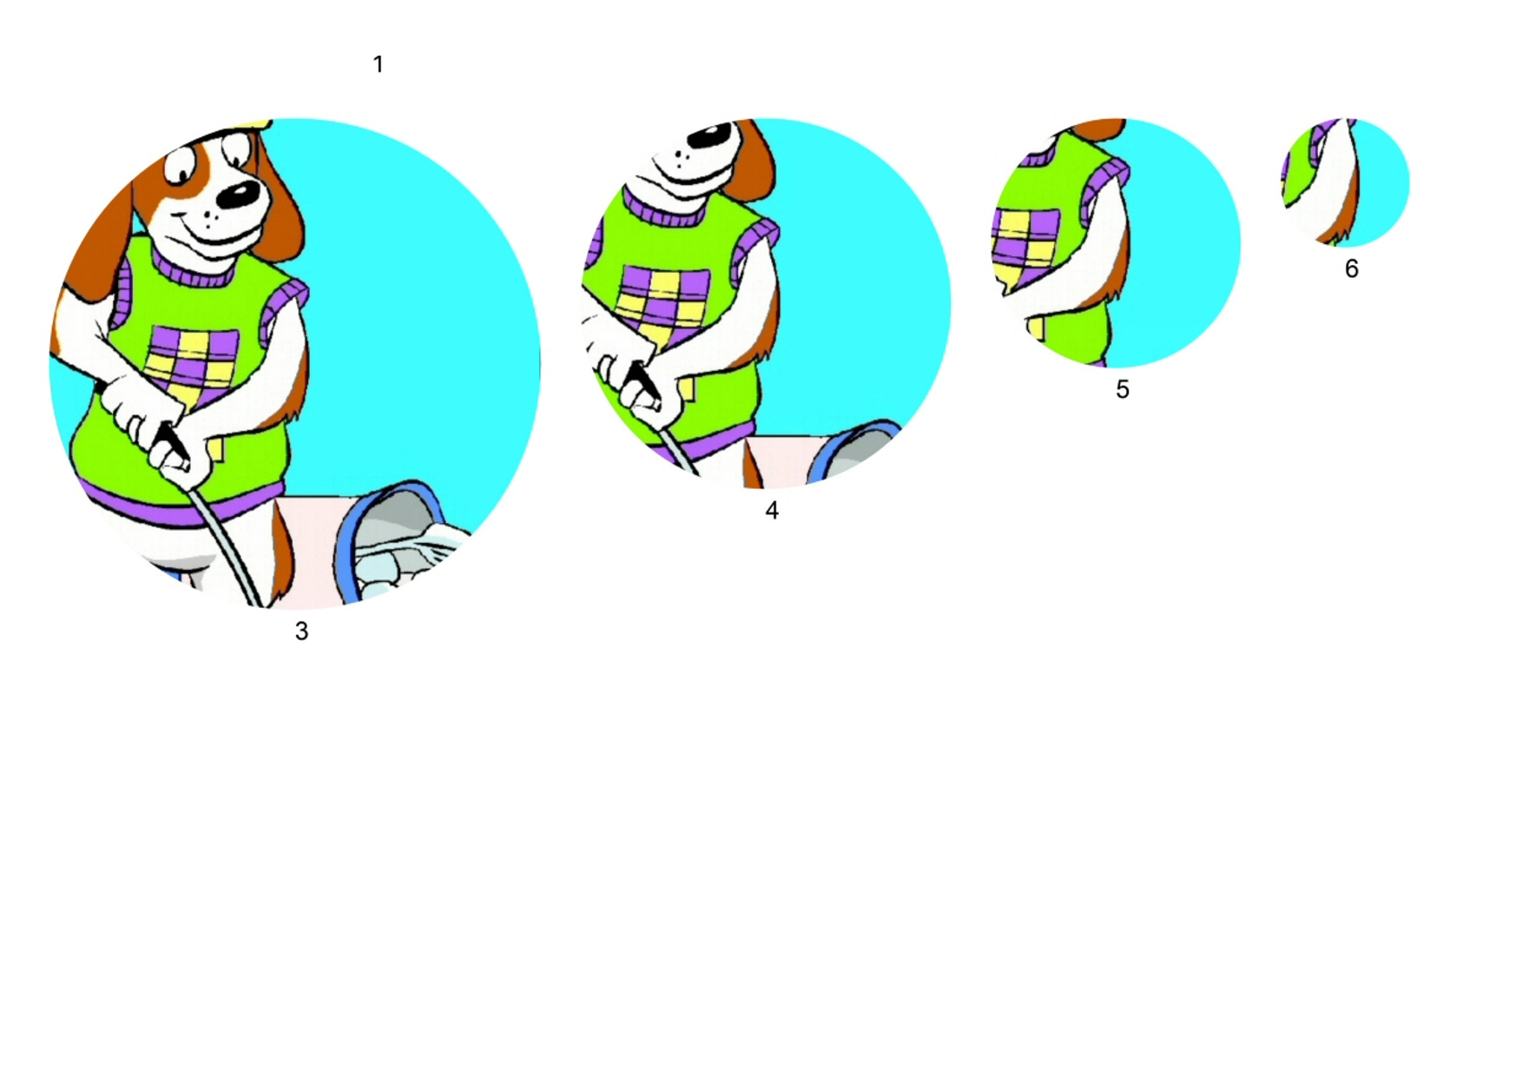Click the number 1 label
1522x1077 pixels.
pyautogui.click(x=378, y=64)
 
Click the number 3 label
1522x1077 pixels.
pyautogui.click(x=301, y=631)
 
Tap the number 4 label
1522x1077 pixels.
pyautogui.click(x=772, y=511)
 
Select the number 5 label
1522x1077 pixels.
pyautogui.click(x=1123, y=390)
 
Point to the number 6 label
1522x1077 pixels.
pyautogui.click(x=1352, y=269)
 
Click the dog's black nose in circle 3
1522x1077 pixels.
pyautogui.click(x=237, y=195)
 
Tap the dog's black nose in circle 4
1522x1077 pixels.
pyautogui.click(x=710, y=138)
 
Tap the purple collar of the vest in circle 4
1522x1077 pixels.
pyautogui.click(x=666, y=210)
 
